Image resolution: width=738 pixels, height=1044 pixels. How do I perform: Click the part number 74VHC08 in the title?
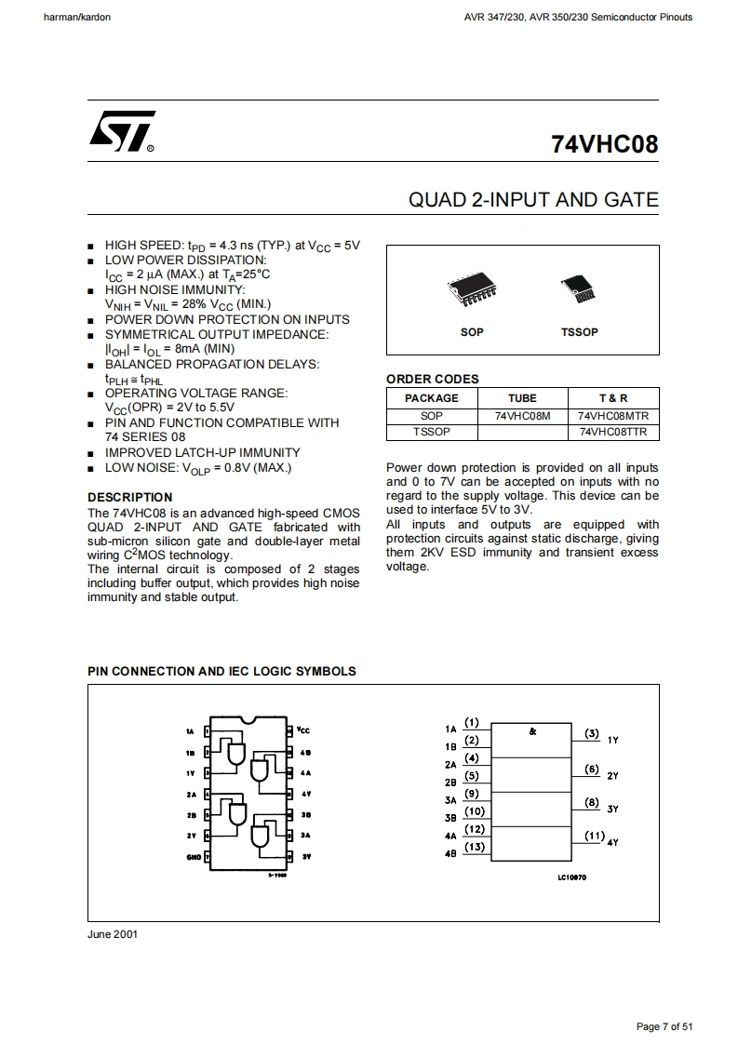coord(604,145)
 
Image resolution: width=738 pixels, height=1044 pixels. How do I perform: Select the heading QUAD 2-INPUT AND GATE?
coord(533,199)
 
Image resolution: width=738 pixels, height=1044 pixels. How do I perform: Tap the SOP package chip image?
coord(472,291)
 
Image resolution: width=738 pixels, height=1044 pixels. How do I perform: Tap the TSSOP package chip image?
coord(579,292)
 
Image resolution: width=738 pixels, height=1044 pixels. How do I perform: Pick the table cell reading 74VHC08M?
coord(523,416)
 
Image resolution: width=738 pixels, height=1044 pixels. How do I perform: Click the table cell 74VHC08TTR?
coord(613,432)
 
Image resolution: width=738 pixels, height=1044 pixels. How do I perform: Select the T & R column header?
coord(613,398)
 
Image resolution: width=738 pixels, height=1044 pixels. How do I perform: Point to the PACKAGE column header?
coord(432,398)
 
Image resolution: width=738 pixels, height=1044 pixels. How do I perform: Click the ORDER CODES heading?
coord(433,379)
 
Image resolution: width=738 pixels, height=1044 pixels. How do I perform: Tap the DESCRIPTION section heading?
coord(130,497)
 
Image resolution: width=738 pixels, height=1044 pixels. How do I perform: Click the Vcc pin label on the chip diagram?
coord(303,730)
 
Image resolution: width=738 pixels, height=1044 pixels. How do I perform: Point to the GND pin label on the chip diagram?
coord(194,856)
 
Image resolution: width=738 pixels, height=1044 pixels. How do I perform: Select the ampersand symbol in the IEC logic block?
coord(532,731)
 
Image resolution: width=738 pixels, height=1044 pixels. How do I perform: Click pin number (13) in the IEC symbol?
coord(475,847)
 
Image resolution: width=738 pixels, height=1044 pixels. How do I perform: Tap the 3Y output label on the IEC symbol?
coord(612,810)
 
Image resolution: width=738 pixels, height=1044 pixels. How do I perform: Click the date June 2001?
coord(113,933)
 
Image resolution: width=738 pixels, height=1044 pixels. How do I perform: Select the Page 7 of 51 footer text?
coord(664,1026)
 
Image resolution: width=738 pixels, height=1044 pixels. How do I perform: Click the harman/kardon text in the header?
coord(77,17)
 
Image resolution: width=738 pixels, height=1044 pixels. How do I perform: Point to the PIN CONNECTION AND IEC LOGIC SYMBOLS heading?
coord(221,671)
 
